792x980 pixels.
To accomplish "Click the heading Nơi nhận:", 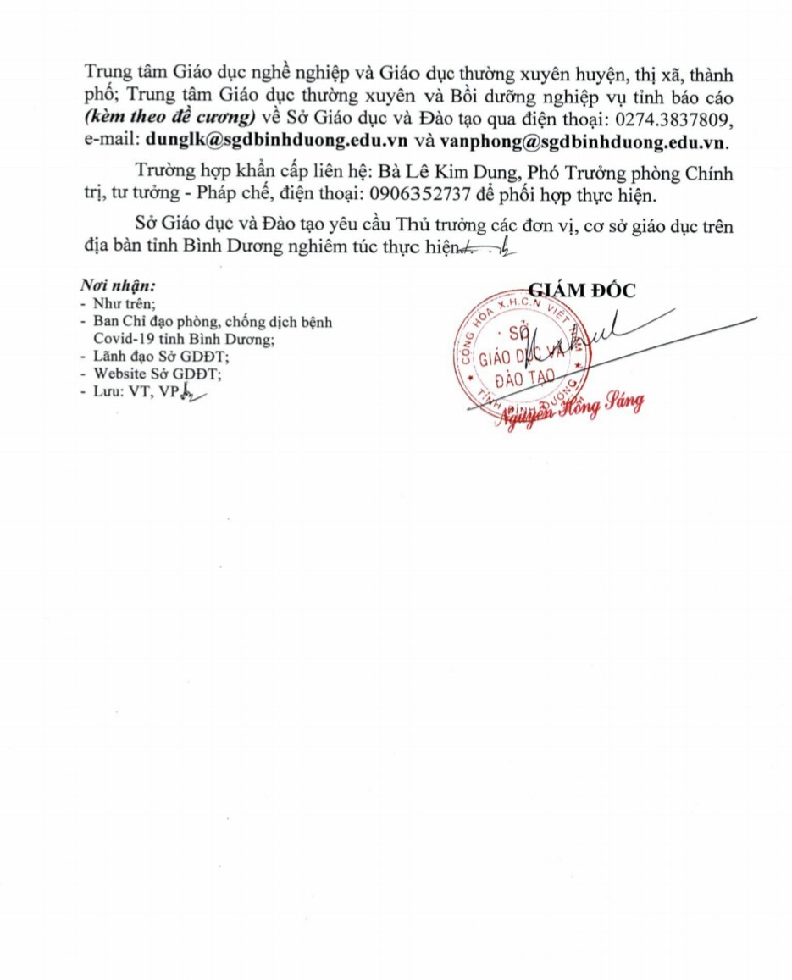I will [x=118, y=285].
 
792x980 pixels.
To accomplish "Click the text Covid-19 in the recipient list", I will [x=125, y=338].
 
